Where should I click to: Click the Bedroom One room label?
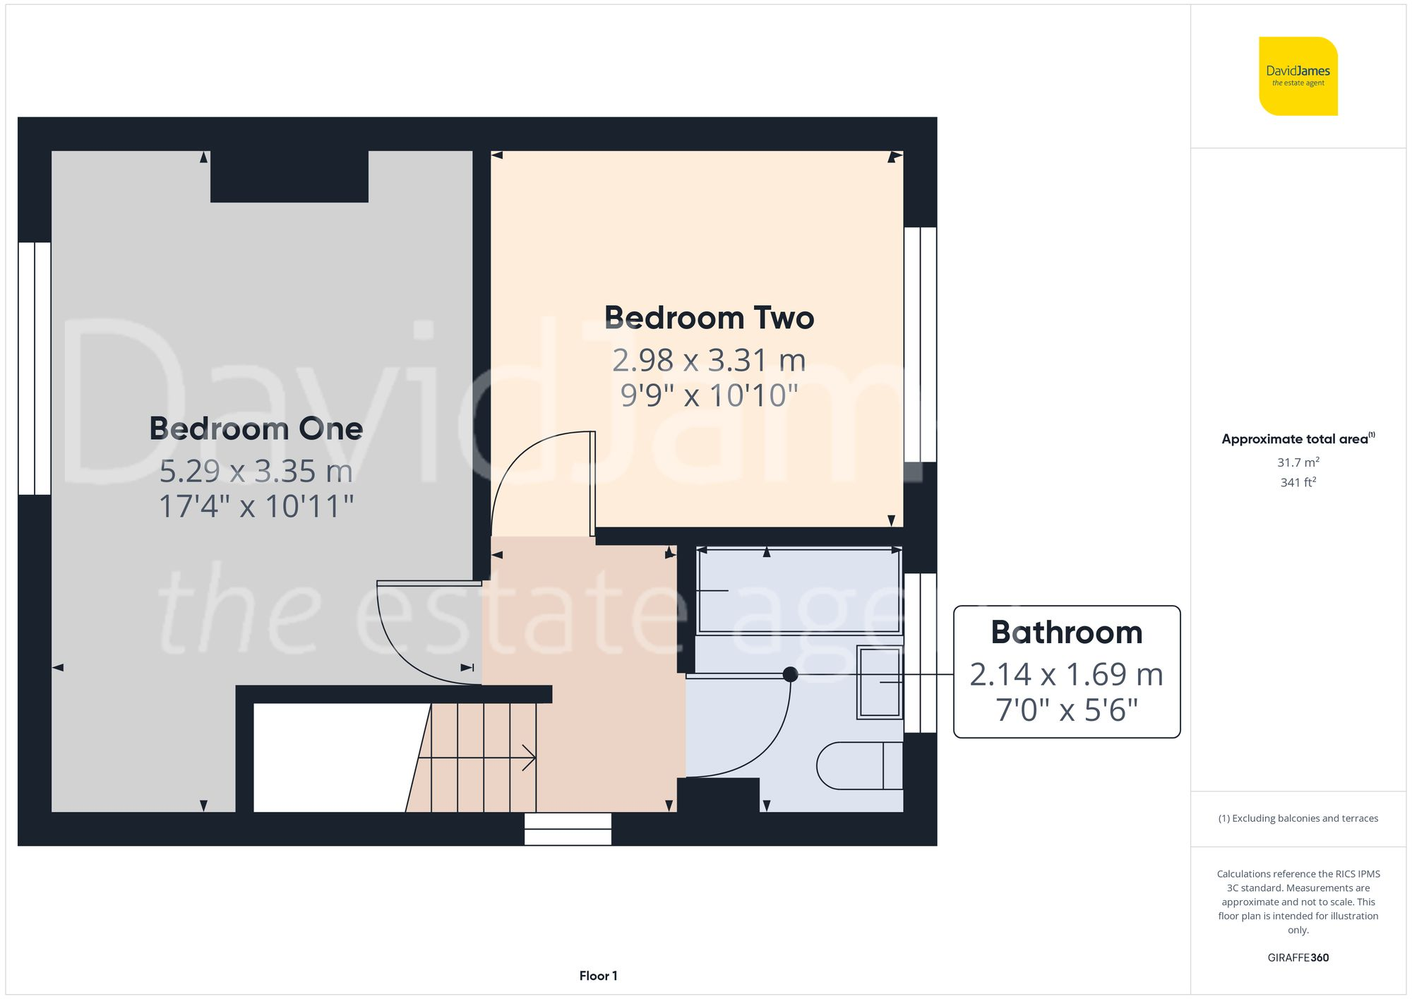[256, 429]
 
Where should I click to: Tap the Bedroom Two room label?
[709, 318]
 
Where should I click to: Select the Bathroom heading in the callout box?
[1066, 632]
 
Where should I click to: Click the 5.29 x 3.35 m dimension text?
[256, 471]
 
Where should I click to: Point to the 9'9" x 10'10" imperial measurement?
[709, 395]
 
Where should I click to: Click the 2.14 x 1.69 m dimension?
[1066, 674]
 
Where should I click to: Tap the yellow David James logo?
[1298, 76]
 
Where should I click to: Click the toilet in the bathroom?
[858, 765]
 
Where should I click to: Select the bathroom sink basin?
[880, 683]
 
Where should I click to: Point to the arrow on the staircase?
[528, 758]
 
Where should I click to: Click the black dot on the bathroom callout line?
[791, 674]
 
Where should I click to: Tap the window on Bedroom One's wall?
[34, 368]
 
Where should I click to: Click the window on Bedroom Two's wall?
[920, 344]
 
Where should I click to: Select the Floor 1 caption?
[598, 976]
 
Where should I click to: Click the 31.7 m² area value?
[1298, 462]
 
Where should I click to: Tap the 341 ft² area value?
[1298, 482]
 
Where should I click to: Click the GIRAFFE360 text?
[1298, 957]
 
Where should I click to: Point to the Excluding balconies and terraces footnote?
[1298, 818]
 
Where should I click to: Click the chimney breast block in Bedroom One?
[289, 177]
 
